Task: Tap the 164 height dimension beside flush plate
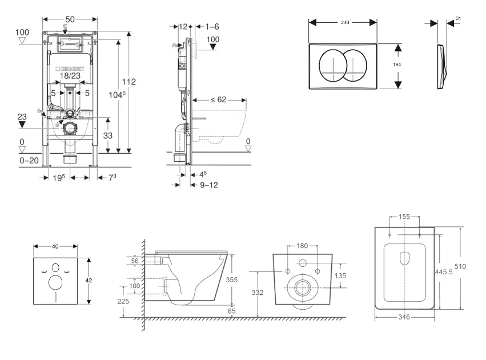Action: click(397, 65)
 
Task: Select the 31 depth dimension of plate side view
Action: click(459, 18)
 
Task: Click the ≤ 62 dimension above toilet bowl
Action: click(218, 99)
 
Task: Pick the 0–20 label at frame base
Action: click(29, 161)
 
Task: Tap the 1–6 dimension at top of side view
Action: click(211, 26)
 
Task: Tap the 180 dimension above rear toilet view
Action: click(302, 246)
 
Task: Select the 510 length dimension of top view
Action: click(467, 265)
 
